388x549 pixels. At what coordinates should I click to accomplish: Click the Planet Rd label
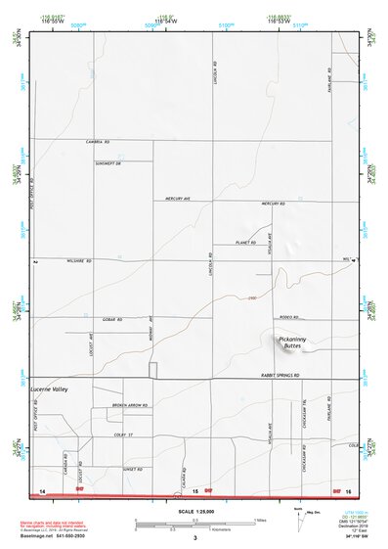[246, 243]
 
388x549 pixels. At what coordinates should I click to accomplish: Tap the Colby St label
[122, 435]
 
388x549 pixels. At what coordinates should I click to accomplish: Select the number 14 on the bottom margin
[42, 489]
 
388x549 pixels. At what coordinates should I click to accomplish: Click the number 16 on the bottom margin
[347, 489]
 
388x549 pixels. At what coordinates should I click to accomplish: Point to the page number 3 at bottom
[194, 537]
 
